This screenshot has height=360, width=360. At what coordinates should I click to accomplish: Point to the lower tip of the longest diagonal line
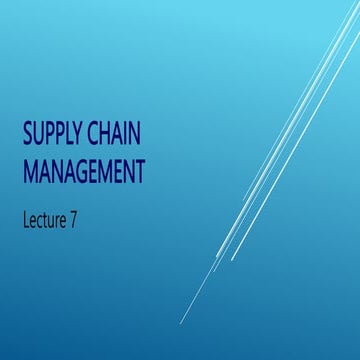[181, 323]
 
